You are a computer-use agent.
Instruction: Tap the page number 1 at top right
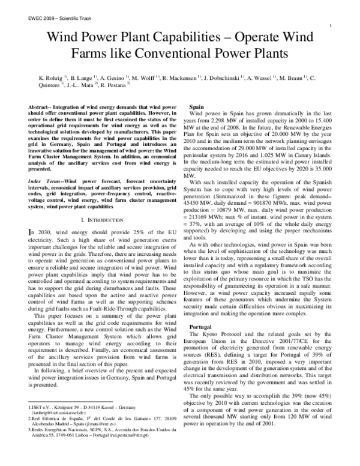[332, 26]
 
